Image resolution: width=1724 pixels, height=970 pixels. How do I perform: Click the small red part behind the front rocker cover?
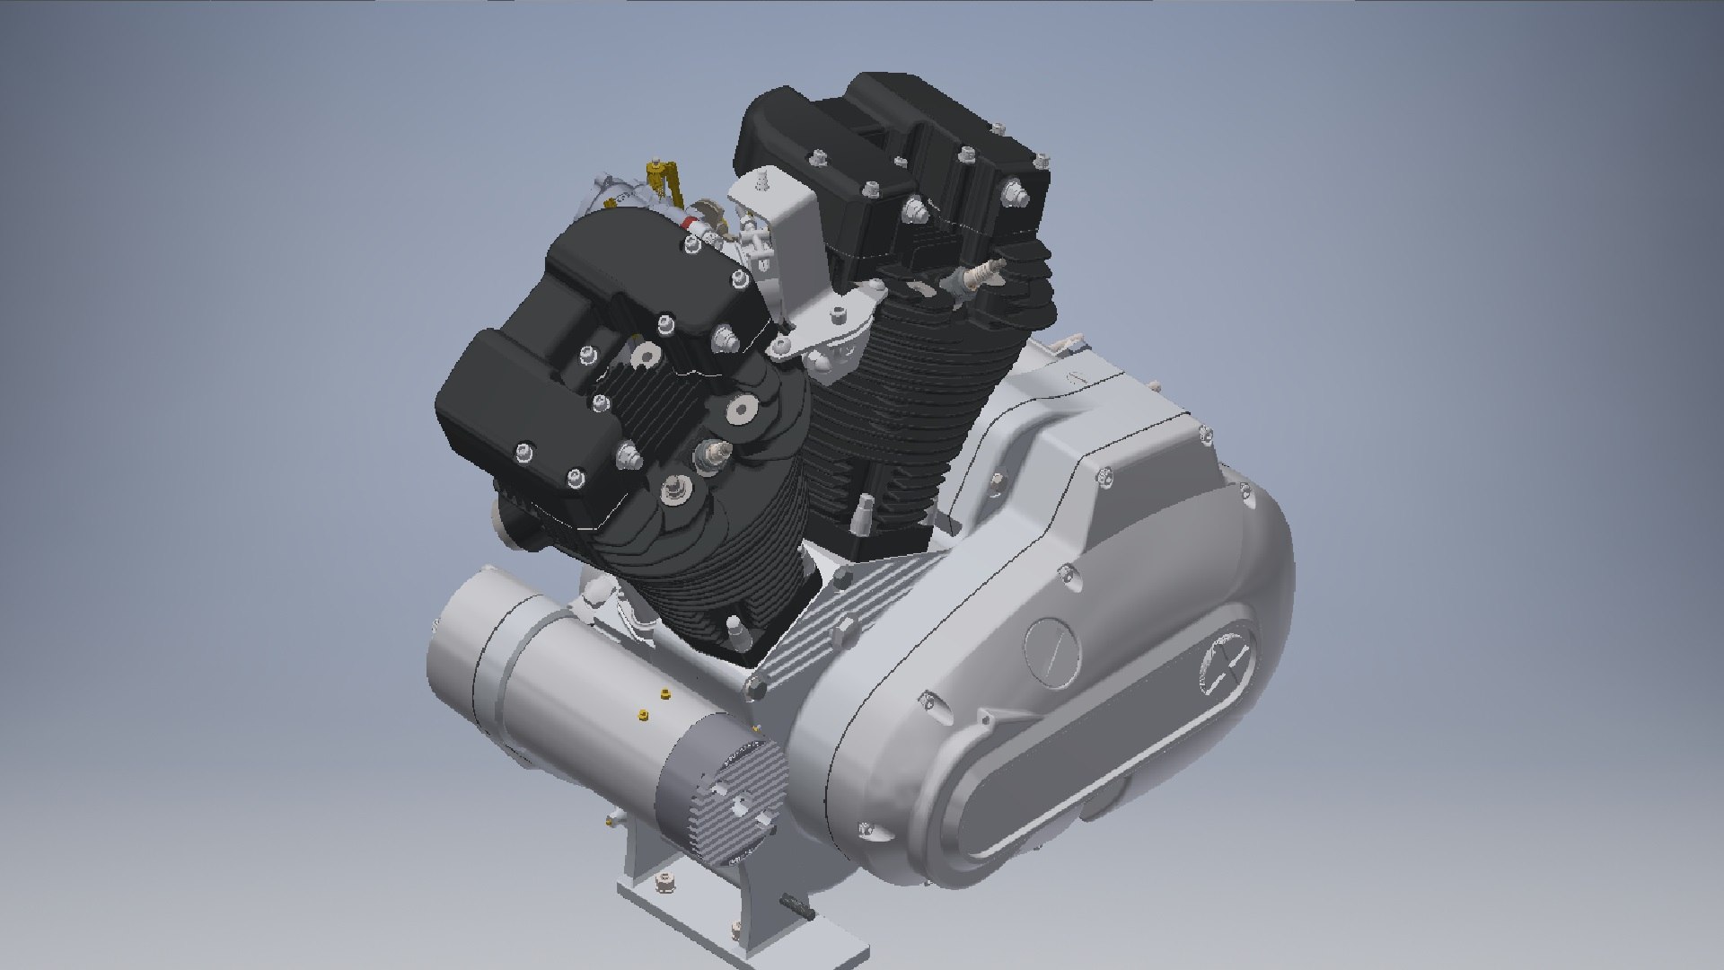coord(690,222)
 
